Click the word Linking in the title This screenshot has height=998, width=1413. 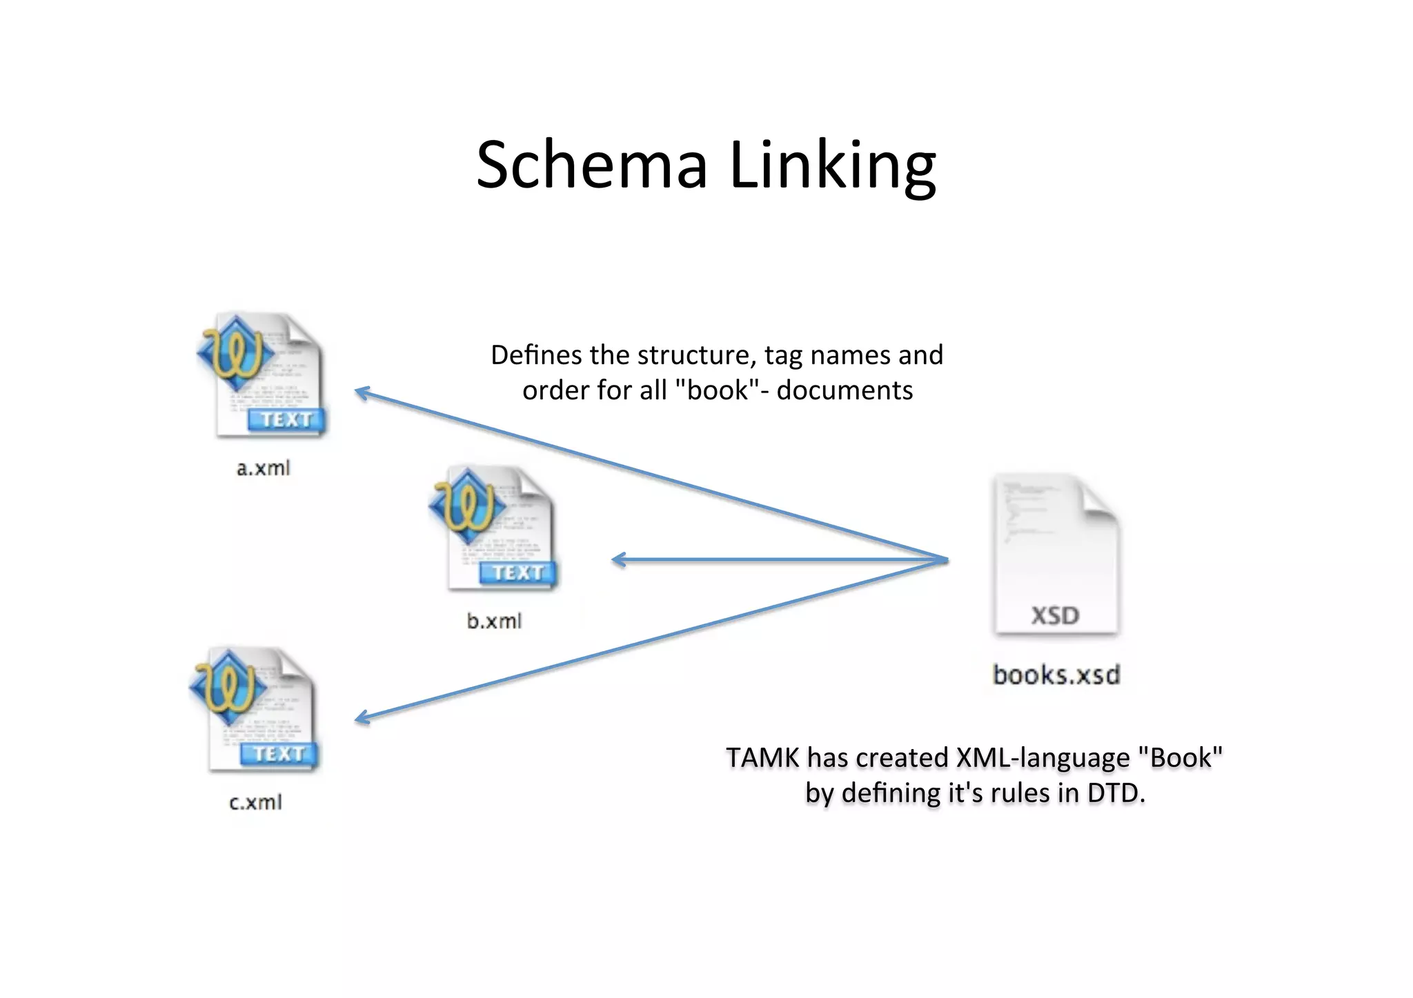pos(832,166)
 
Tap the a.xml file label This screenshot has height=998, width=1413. pos(263,468)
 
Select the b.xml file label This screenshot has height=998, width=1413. pos(494,621)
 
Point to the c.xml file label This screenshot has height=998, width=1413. pos(255,802)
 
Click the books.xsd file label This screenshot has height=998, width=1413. pos(1056,675)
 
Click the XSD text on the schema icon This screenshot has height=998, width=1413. pos(1055,615)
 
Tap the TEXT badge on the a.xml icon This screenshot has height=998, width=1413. pos(286,419)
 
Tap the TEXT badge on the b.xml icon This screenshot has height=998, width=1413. pos(518,572)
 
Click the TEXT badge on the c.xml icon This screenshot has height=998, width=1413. pos(279,753)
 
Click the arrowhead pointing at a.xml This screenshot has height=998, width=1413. pos(360,392)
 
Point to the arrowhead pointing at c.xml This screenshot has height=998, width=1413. pos(360,719)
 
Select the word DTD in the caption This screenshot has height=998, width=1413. pos(1114,793)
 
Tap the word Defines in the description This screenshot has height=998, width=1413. pos(536,355)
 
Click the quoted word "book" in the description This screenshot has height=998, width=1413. pos(718,390)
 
